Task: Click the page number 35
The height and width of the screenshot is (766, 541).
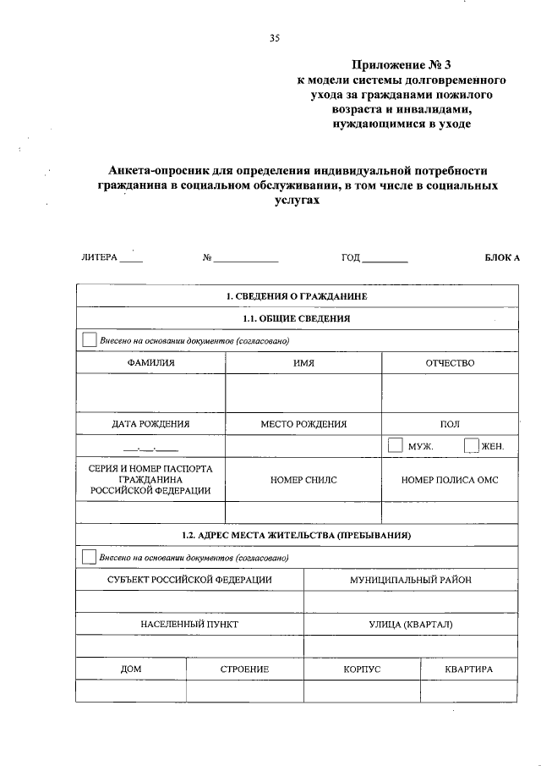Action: tap(274, 38)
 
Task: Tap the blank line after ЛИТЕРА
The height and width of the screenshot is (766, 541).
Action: tap(131, 259)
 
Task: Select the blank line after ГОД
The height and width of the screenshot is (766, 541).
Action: tap(385, 259)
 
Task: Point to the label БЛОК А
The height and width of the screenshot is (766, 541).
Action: tap(502, 256)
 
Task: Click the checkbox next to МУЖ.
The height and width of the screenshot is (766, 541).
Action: tap(395, 445)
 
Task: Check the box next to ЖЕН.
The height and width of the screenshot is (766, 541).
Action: tap(472, 445)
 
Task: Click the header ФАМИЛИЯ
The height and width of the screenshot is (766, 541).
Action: tap(151, 363)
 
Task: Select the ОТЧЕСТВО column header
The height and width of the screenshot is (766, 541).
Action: tap(450, 363)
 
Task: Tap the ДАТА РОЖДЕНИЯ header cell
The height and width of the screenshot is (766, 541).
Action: tap(150, 424)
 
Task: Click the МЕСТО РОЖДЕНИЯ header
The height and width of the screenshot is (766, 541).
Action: tap(303, 424)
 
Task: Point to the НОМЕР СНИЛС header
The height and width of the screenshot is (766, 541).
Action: tap(303, 480)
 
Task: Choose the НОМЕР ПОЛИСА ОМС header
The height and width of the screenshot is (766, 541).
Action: tap(450, 480)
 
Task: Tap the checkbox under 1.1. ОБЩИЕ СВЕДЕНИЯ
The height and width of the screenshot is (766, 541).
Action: tap(90, 340)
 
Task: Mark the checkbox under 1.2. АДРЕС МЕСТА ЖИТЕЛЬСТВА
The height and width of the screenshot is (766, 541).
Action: tap(90, 557)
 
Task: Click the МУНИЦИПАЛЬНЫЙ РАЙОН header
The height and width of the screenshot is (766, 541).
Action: tap(411, 580)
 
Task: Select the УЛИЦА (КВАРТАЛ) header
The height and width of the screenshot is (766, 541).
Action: tap(411, 625)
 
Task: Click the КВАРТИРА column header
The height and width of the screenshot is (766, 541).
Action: tap(469, 669)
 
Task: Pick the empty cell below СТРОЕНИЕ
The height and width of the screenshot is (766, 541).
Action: tap(244, 692)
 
